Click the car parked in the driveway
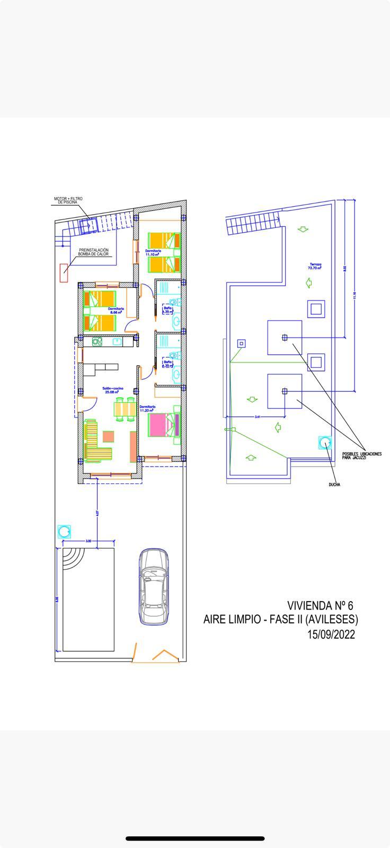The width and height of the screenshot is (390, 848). click(154, 586)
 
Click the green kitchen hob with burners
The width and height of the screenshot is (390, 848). click(97, 342)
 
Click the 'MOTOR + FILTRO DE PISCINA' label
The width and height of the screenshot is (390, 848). click(68, 200)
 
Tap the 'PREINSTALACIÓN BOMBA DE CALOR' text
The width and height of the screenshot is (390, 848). click(93, 252)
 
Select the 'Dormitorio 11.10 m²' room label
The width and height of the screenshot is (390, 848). click(153, 252)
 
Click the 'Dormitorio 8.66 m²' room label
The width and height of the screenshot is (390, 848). click(116, 310)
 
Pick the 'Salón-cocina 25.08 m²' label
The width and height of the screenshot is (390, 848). click(113, 390)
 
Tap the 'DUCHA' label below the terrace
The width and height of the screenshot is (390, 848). click(334, 484)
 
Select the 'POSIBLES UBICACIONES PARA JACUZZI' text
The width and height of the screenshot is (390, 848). click(361, 455)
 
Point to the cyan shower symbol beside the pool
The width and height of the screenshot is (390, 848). click(64, 531)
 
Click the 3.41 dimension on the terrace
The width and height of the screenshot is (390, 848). click(258, 417)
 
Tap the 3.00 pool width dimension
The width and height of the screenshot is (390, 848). click(88, 541)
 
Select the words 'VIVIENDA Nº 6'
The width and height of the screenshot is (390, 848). click(320, 605)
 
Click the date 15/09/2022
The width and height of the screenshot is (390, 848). click(331, 634)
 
